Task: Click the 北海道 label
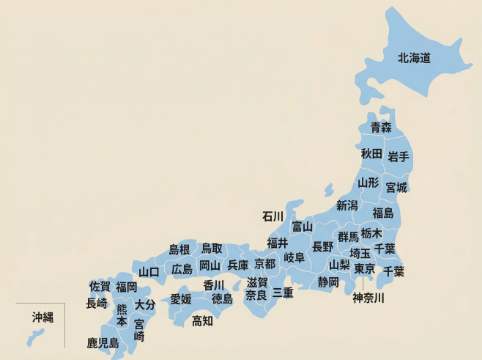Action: (414, 57)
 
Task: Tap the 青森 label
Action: (380, 128)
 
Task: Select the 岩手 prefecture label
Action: (398, 157)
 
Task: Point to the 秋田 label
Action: (371, 154)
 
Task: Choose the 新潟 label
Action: (346, 205)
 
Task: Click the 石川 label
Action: (272, 216)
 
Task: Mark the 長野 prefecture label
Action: (322, 246)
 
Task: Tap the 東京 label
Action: (364, 269)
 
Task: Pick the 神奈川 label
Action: (368, 298)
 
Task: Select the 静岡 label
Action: (328, 282)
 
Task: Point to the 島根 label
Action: (179, 249)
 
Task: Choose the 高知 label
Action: (202, 320)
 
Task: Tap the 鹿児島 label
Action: (103, 342)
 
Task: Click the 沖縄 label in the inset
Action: (42, 317)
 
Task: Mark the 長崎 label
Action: (96, 303)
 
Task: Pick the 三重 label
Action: (283, 293)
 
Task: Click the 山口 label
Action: (149, 272)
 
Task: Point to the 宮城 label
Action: (396, 187)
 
